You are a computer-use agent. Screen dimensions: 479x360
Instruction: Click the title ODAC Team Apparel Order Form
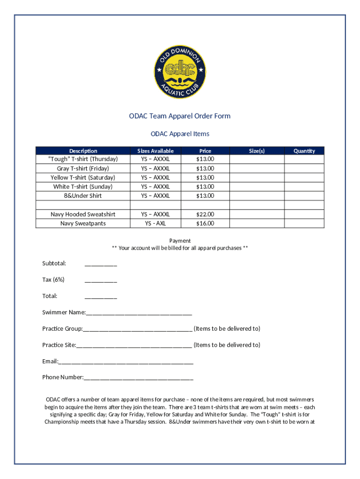tap(180, 116)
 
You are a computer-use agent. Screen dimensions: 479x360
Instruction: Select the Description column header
tap(83, 151)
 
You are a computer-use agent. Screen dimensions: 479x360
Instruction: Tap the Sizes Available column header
tap(155, 151)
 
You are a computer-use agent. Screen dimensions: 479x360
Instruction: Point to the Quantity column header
tap(304, 151)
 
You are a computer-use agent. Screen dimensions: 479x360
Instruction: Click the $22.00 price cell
tap(205, 214)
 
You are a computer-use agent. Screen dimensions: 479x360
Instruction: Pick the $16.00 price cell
tap(205, 223)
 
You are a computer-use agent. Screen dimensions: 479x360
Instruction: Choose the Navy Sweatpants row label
tap(83, 223)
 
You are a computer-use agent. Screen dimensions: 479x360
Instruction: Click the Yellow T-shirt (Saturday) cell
tap(83, 177)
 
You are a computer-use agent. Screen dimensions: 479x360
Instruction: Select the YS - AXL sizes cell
tap(155, 223)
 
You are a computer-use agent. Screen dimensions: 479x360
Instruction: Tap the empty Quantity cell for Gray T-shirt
tap(304, 168)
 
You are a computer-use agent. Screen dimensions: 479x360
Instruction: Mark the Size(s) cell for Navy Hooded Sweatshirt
tap(257, 214)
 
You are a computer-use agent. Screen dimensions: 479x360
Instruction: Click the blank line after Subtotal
tap(101, 264)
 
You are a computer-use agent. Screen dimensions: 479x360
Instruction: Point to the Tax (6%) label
tap(53, 280)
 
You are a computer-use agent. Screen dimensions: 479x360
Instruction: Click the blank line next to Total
tap(101, 297)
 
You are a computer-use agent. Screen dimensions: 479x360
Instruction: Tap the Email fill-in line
tap(126, 362)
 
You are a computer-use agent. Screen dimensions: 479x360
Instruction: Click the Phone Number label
tap(63, 377)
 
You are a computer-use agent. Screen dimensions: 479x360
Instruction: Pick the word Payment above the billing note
tap(180, 240)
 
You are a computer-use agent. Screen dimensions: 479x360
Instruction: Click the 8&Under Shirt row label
tap(83, 196)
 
